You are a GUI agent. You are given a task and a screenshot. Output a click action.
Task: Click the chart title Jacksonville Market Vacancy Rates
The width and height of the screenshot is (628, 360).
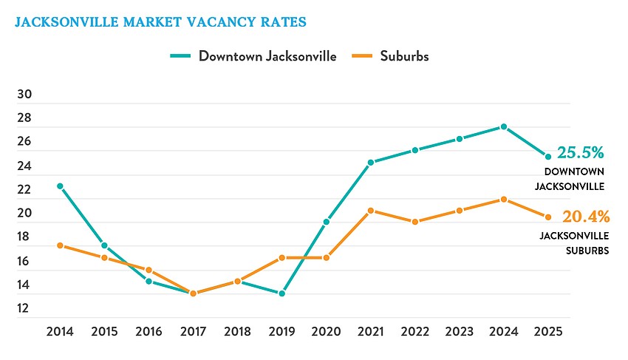tap(160, 21)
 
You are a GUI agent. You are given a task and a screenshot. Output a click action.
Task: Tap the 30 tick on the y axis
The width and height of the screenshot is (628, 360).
tap(24, 95)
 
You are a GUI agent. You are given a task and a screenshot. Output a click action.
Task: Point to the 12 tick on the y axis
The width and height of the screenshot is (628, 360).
tap(24, 308)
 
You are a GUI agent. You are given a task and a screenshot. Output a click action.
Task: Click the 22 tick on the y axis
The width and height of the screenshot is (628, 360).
tap(24, 190)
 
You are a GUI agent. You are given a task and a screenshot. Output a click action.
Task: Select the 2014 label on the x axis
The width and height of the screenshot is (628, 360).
tap(60, 331)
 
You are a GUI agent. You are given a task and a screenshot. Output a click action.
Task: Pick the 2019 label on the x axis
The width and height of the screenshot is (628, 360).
tap(281, 331)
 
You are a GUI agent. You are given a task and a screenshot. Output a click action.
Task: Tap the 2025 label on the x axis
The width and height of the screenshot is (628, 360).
tap(548, 331)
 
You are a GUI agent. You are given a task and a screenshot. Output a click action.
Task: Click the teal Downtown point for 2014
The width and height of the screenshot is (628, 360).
tap(60, 186)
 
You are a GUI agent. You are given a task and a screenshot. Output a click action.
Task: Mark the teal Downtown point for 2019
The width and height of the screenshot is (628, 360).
tap(281, 293)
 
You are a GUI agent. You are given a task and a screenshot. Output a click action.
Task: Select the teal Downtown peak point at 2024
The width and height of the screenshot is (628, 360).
tap(504, 127)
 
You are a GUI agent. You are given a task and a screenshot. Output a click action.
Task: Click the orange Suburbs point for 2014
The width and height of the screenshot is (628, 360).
tap(60, 245)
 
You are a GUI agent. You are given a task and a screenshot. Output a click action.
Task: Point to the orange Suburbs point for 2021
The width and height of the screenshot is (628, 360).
tap(370, 211)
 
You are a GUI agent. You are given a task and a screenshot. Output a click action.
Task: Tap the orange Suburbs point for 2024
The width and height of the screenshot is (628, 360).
tap(504, 199)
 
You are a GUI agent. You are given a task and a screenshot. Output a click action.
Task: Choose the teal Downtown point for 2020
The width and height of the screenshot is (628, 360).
tap(326, 222)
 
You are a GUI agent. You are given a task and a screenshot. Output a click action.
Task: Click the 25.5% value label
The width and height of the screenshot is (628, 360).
tap(581, 153)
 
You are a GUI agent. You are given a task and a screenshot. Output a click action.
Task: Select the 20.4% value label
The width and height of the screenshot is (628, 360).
tap(586, 217)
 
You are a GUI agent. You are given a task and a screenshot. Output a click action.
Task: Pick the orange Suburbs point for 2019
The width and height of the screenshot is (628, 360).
tap(281, 258)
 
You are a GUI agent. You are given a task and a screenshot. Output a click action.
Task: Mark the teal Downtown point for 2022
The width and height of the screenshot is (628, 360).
tap(415, 150)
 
